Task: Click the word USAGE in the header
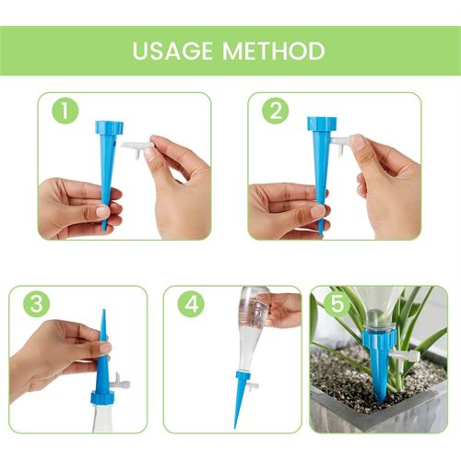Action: tap(172, 51)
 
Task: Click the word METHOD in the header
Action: tap(274, 51)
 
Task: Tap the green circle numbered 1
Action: tap(65, 111)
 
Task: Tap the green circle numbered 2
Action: tap(276, 111)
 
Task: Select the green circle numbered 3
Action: tap(37, 303)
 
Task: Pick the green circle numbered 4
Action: tap(191, 303)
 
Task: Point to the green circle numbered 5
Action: tap(337, 303)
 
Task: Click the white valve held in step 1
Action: tap(137, 148)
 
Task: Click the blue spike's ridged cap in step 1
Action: tap(109, 127)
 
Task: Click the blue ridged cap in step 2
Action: tap(322, 124)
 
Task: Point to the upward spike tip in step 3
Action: tap(104, 311)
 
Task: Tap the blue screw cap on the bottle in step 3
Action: tap(102, 397)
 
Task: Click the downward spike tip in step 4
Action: tap(236, 427)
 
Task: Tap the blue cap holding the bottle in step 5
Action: tap(379, 340)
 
